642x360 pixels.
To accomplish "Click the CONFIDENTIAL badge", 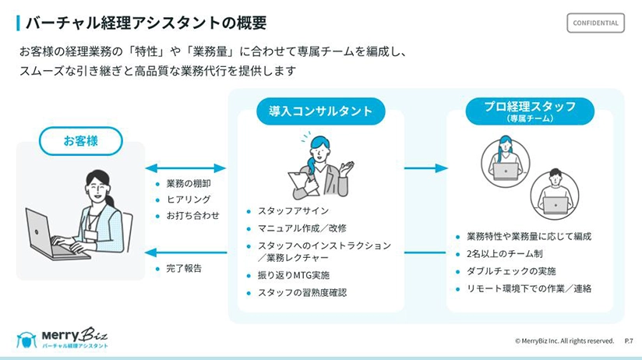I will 595,23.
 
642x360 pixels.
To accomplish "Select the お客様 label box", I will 82,141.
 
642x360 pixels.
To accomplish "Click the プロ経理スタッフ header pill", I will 529,111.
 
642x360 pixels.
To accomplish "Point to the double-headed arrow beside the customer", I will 185,168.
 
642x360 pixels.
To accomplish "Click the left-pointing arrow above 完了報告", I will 185,252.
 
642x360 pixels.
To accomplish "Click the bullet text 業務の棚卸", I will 189,184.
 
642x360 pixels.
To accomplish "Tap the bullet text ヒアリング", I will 189,199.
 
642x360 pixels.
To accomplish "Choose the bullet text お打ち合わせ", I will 193,215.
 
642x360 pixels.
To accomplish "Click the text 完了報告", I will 184,268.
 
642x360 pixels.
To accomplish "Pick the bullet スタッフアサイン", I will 293,211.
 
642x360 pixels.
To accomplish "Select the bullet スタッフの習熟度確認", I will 302,293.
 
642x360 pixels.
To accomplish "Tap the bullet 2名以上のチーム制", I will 504,253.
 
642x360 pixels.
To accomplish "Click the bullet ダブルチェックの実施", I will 511,271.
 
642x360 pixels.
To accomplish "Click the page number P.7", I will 629,341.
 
